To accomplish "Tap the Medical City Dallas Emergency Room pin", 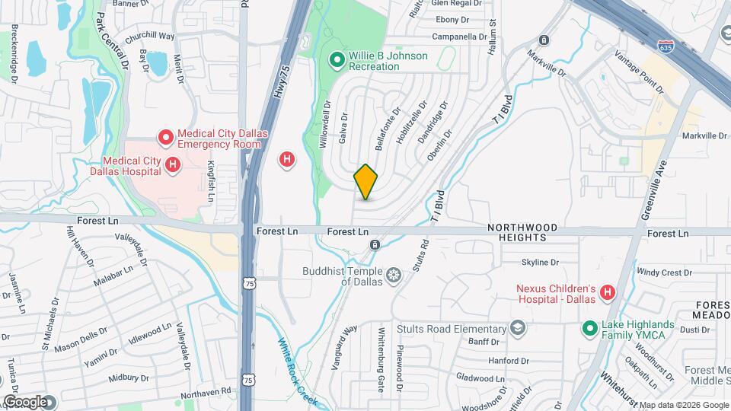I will tap(165, 138).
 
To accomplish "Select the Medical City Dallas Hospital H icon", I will tap(173, 164).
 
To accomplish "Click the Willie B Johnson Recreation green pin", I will tap(336, 59).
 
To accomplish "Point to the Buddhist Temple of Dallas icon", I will tap(394, 274).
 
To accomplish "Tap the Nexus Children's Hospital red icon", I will tap(607, 292).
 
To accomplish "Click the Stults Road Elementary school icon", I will tap(518, 328).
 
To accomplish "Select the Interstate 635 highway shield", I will tap(666, 47).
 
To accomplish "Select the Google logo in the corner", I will tap(24, 401).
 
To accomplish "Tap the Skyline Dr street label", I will tap(540, 263).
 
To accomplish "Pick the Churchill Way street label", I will tap(150, 37).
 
